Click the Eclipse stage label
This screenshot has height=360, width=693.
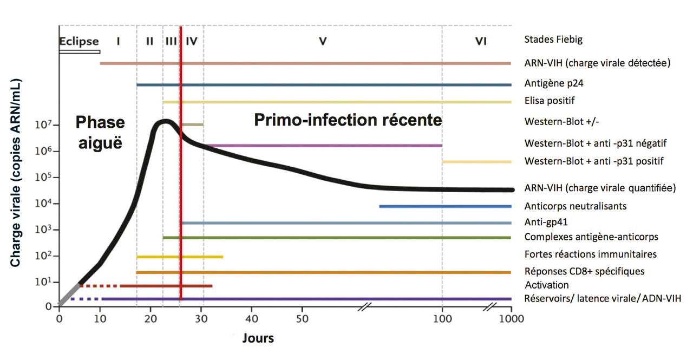click(x=79, y=41)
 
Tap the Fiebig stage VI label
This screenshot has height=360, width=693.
click(x=480, y=41)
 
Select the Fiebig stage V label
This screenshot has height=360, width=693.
click(x=323, y=41)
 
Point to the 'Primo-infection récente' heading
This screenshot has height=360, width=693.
click(x=348, y=120)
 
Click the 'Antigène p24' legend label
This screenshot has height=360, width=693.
click(x=554, y=84)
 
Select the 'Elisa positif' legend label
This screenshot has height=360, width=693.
click(x=550, y=101)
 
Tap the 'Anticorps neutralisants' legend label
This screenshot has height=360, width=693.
click(x=576, y=206)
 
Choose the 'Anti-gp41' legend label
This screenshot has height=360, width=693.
click(x=546, y=221)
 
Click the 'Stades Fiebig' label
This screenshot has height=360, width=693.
click(x=553, y=39)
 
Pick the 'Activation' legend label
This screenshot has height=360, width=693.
click(x=547, y=285)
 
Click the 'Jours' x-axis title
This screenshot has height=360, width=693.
click(x=257, y=339)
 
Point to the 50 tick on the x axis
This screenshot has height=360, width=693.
click(x=302, y=318)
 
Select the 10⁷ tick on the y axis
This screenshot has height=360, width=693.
click(x=44, y=125)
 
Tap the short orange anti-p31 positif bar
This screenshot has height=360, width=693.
click(x=476, y=162)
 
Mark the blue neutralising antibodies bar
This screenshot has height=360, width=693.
click(x=445, y=206)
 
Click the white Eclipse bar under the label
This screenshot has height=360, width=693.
click(x=80, y=52)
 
